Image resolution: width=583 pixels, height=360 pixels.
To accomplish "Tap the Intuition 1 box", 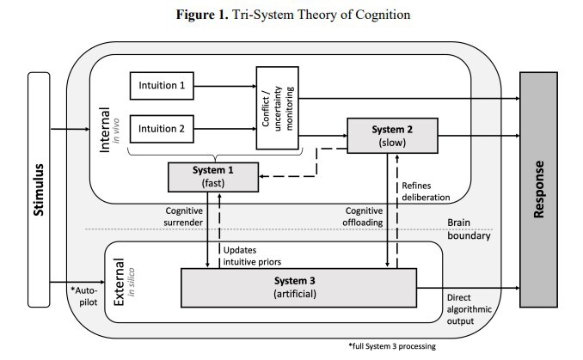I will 163,86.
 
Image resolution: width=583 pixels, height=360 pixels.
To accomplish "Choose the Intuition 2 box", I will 163,130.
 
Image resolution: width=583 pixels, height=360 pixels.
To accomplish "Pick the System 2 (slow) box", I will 393,135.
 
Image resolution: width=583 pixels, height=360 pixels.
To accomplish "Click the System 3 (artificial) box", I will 297,287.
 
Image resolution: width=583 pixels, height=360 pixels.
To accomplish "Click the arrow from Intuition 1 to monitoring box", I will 224,86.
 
